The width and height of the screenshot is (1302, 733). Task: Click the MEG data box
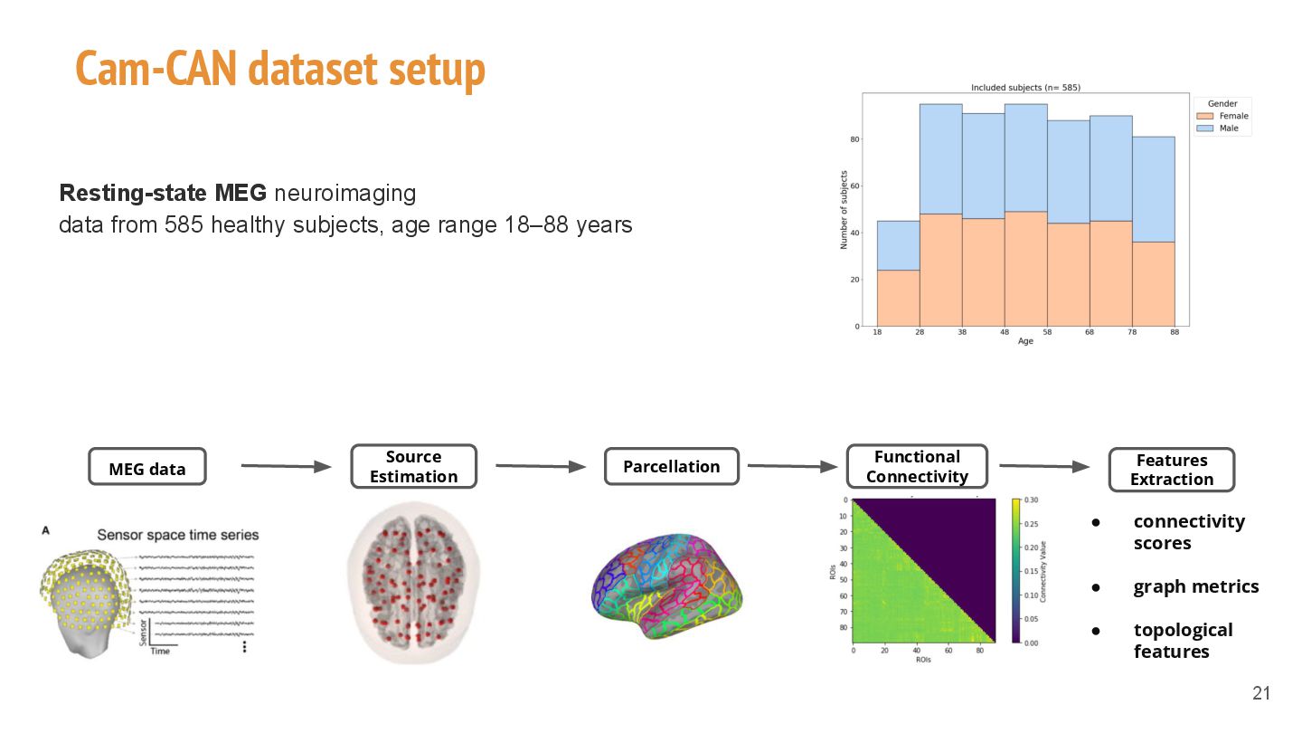(x=147, y=468)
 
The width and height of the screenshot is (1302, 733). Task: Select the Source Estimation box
(x=413, y=467)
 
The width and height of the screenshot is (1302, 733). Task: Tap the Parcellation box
(x=671, y=467)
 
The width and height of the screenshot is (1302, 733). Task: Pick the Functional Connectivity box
(x=917, y=467)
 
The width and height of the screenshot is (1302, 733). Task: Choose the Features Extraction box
(x=1171, y=470)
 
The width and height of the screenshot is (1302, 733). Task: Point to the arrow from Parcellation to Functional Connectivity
(x=792, y=466)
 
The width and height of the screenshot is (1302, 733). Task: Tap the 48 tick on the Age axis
(x=1005, y=333)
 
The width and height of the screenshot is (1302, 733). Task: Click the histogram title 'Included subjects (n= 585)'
(x=1025, y=88)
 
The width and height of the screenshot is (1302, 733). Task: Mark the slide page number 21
(x=1261, y=694)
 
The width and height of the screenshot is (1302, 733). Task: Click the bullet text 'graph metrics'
(x=1195, y=586)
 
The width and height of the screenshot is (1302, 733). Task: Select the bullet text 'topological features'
(x=1182, y=641)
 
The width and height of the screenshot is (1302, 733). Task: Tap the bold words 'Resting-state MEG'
(x=163, y=193)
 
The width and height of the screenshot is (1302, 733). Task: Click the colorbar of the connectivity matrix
(x=1017, y=570)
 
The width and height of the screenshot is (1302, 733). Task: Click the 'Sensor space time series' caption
(x=177, y=535)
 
